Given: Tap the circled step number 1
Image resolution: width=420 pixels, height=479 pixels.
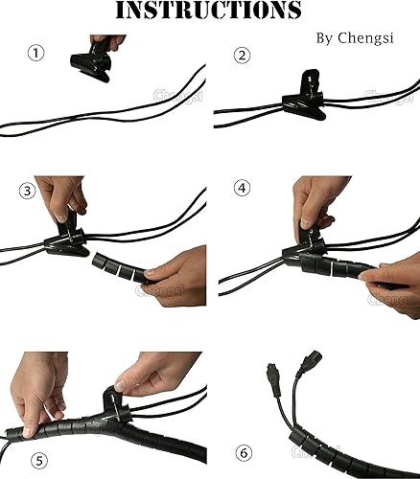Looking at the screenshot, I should (x=36, y=53).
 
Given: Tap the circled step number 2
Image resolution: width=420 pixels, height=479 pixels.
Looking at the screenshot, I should (x=242, y=55).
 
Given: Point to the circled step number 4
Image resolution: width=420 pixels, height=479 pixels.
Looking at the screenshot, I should (x=242, y=189).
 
